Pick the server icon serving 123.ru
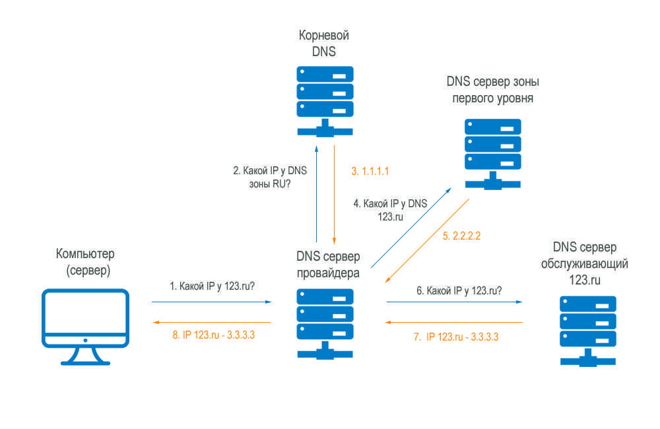coord(587,328)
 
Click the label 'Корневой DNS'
coord(325,42)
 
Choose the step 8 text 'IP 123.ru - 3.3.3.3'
coord(214,335)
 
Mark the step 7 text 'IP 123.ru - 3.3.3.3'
coord(456,337)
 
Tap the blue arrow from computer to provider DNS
coord(211,302)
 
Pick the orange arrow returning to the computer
coord(211,322)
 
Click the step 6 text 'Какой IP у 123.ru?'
coord(458,290)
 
